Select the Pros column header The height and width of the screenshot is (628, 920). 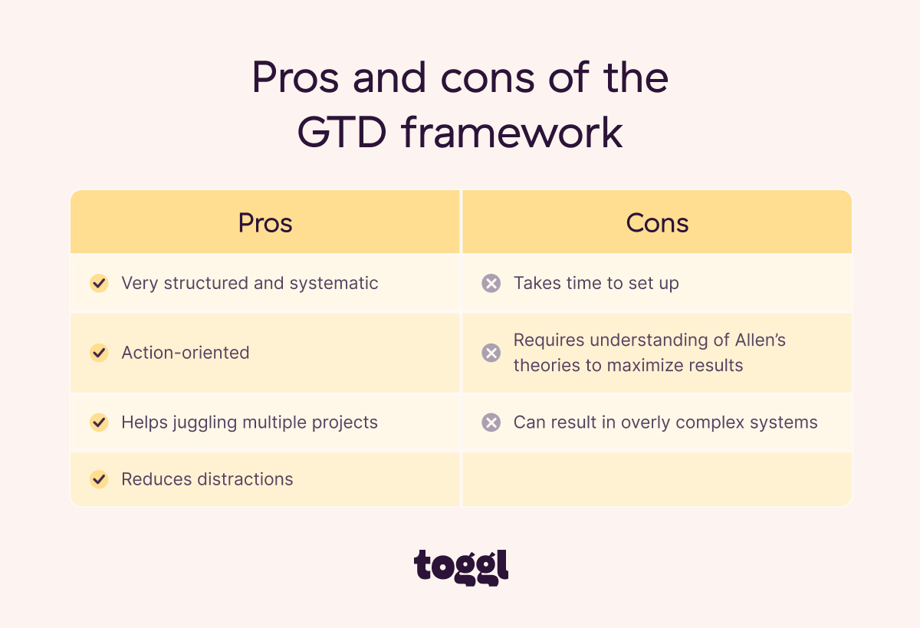(x=265, y=222)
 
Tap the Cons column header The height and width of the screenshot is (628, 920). (x=657, y=222)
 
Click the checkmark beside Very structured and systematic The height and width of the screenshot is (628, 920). (x=99, y=283)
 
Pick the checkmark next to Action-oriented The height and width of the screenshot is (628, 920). (x=99, y=353)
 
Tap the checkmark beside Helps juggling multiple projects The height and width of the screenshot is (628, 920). (x=99, y=423)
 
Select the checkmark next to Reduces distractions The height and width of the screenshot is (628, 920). (x=99, y=479)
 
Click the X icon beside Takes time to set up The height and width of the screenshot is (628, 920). (x=491, y=283)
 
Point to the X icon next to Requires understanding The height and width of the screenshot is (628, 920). (x=491, y=353)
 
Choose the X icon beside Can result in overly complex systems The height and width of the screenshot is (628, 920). (x=491, y=423)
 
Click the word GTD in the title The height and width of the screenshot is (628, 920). (x=342, y=132)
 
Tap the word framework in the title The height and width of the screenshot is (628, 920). (x=512, y=132)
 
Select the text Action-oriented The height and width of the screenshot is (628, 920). (x=186, y=353)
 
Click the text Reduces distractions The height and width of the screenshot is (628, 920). (x=207, y=479)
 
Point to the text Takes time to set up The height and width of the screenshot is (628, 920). (x=596, y=283)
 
